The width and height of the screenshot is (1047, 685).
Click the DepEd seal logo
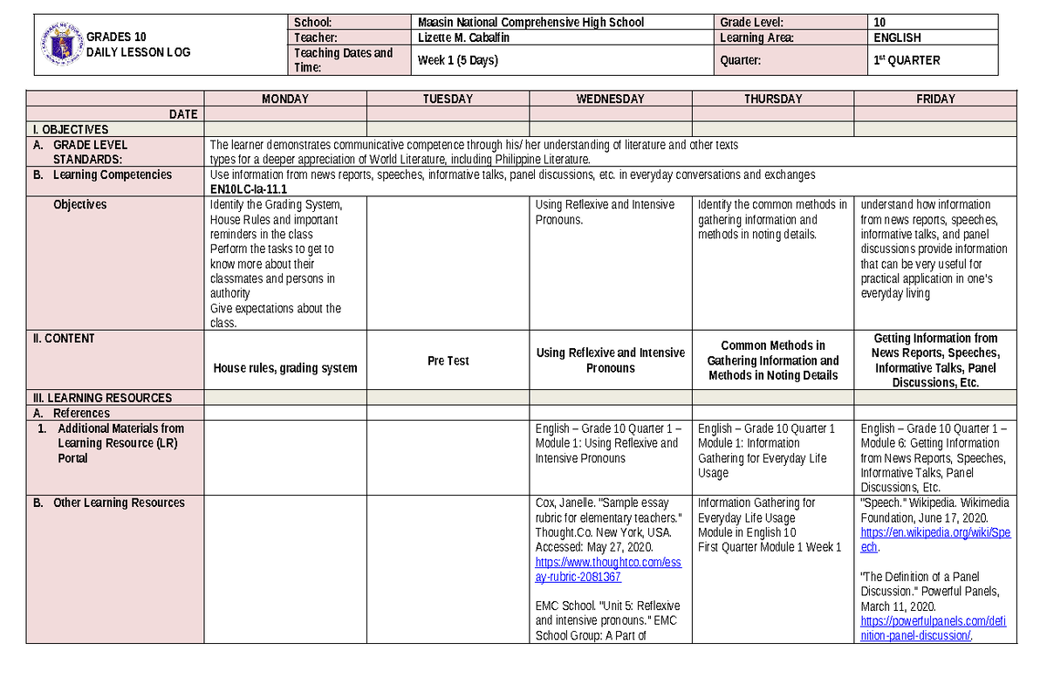[62, 44]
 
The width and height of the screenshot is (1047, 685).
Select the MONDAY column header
[285, 99]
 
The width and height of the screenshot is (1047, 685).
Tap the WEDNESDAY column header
[610, 99]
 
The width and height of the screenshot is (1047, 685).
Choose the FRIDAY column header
[935, 99]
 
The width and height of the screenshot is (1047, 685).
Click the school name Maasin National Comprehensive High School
[530, 23]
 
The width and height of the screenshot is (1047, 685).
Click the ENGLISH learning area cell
[897, 38]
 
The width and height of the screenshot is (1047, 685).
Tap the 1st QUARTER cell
[907, 60]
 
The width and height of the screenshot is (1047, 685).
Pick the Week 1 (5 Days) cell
[458, 60]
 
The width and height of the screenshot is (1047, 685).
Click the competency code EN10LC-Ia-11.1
[249, 189]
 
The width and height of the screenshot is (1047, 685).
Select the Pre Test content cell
[448, 360]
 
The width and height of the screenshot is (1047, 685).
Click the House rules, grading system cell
[285, 367]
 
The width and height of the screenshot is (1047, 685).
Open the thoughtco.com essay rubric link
[608, 570]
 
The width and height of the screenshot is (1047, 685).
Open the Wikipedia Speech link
[934, 539]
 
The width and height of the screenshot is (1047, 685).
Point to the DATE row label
[183, 114]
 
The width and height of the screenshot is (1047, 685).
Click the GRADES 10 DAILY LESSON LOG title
[139, 45]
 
